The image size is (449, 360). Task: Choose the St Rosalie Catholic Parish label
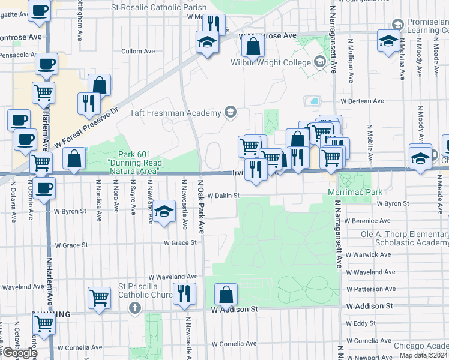pyautogui.click(x=159, y=7)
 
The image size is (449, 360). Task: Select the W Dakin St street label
pyautogui.click(x=220, y=196)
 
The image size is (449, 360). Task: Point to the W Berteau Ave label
pyautogui.click(x=363, y=101)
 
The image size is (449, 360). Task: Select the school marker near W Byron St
pyautogui.click(x=163, y=212)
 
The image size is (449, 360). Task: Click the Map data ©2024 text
pyautogui.click(x=424, y=355)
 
